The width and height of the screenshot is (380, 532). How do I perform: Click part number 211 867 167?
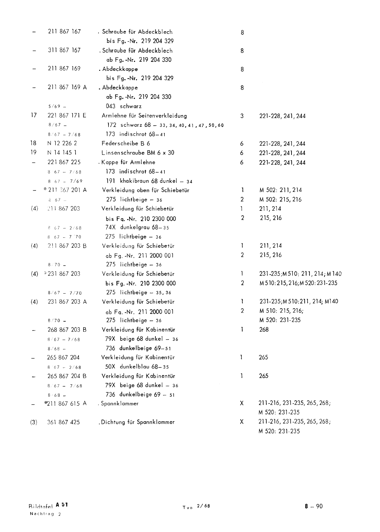pos(64,32)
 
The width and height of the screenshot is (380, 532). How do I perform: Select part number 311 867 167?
pos(64,50)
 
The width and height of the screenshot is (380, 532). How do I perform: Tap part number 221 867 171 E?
pos(67,116)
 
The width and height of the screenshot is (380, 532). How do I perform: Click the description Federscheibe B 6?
pos(126,144)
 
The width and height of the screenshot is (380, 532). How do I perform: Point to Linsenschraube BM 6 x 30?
pos(138,153)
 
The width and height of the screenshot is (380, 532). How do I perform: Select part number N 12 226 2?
pos(62,144)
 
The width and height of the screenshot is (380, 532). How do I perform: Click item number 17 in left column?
pos(33,116)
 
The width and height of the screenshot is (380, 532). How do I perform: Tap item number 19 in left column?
pos(33,153)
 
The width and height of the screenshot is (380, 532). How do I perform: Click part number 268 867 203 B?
pos(67,330)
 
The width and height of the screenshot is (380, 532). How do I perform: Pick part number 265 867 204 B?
pos(67,376)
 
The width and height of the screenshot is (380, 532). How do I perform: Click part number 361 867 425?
pos(64,422)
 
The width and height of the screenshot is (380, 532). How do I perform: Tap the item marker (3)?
pos(34,422)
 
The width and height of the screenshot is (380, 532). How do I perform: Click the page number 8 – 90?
pos(313,506)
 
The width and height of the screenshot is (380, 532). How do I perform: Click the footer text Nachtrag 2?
pos(45,514)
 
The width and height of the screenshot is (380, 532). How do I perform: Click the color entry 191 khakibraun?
pos(128,181)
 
